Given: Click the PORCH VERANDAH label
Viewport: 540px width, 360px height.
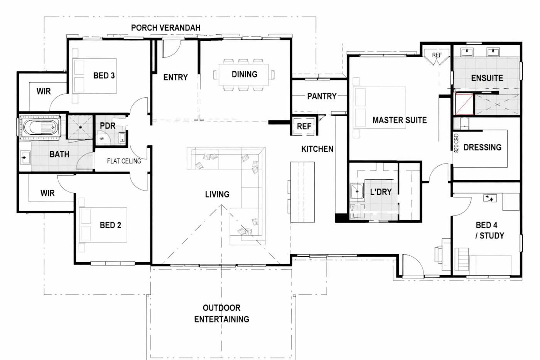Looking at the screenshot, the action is coord(165,28).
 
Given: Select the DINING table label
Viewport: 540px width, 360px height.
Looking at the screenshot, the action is coord(245,74).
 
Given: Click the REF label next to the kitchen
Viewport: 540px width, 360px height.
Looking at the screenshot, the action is coord(304,126).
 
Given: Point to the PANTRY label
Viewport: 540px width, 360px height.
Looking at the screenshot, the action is coord(322,96).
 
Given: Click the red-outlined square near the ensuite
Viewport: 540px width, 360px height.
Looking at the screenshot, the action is coord(464,104).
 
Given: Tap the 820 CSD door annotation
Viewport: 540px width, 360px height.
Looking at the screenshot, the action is coord(456,143).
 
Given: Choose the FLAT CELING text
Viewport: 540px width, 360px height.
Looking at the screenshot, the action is coord(124,161).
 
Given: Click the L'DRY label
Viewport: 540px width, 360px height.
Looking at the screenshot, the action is coord(381,192).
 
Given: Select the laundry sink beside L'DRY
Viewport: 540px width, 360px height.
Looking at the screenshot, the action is coord(357,191).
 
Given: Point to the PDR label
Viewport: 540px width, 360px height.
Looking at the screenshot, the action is coord(108,126).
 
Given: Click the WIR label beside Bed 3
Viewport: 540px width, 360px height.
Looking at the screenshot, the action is coord(44,91).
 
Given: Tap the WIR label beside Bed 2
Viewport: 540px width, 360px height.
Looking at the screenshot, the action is coord(47,193).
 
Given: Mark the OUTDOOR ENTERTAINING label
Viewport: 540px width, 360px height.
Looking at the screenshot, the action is coord(221,313).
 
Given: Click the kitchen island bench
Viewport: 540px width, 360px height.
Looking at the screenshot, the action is coord(302,192).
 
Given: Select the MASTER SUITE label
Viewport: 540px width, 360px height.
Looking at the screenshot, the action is coord(400,120).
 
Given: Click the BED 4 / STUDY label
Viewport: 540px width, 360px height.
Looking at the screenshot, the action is coord(489,230).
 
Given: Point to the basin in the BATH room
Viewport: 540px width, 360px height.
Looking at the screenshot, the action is coord(25,158).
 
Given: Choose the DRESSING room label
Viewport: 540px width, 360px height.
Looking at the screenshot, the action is coord(483,147).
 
